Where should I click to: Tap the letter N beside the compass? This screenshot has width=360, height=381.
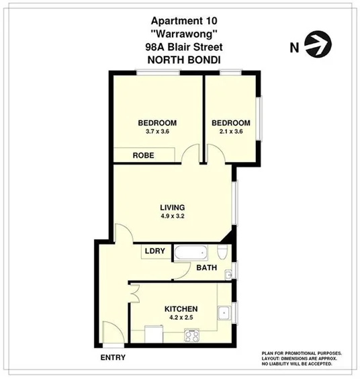tap(293, 47)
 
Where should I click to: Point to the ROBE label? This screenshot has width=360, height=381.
tap(143, 155)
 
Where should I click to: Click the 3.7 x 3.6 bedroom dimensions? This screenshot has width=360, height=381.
tap(157, 132)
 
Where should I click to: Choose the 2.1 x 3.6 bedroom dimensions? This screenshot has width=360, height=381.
tap(230, 132)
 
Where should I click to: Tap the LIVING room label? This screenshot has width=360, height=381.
tap(172, 206)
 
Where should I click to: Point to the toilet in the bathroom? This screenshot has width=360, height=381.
tap(222, 253)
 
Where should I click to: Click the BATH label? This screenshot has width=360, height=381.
tap(206, 269)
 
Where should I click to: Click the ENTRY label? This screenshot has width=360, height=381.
tap(112, 357)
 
